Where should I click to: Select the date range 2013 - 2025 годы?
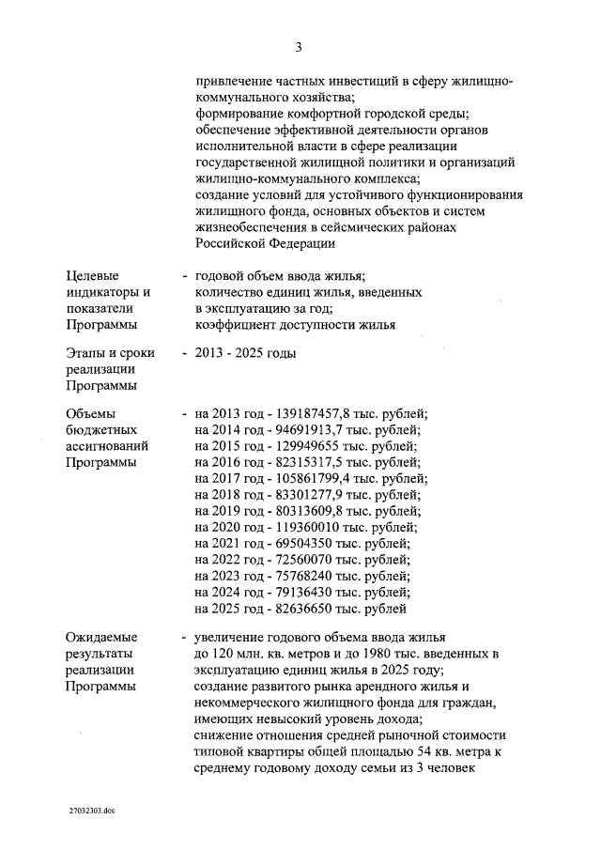pyautogui.click(x=245, y=353)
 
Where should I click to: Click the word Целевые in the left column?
pyautogui.click(x=93, y=275)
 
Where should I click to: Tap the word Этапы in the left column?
pyautogui.click(x=87, y=353)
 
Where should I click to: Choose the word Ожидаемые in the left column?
pyautogui.click(x=102, y=637)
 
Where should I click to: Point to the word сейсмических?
pyautogui.click(x=353, y=227)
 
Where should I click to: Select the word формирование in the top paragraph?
pyautogui.click(x=239, y=114)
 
